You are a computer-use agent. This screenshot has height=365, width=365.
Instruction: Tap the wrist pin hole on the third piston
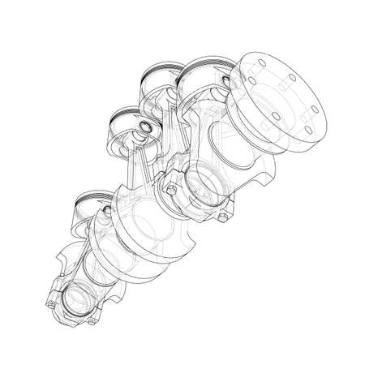point(144,128)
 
